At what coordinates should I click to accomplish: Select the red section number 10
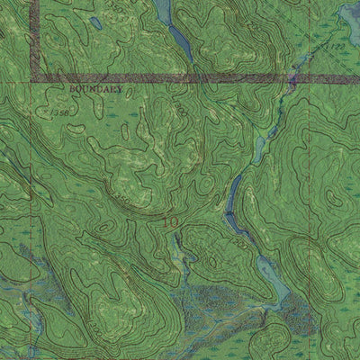(171, 218)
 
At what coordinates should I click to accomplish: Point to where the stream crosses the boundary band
(290, 82)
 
